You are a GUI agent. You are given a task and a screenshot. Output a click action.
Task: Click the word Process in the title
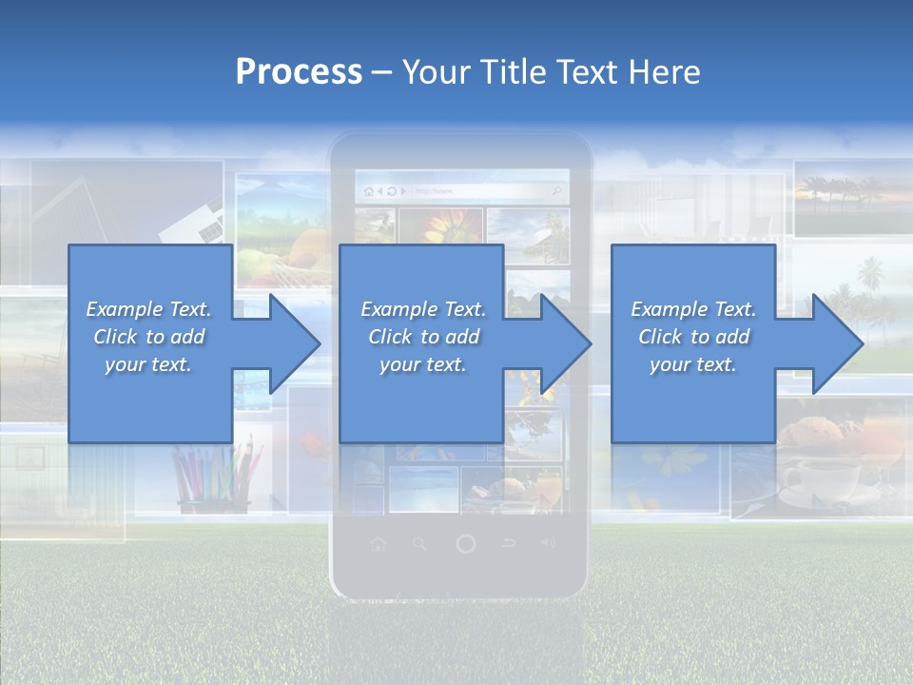(299, 72)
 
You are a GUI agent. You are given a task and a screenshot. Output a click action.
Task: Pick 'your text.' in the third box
(692, 364)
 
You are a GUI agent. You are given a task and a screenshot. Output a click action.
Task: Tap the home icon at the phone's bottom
(379, 544)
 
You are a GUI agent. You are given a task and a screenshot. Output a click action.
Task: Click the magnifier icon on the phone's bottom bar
(420, 544)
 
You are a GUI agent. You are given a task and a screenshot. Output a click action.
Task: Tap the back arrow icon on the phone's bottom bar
(509, 544)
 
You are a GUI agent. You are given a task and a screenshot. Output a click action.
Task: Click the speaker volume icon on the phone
(548, 544)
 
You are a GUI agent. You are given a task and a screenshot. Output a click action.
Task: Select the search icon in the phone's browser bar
(557, 191)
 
